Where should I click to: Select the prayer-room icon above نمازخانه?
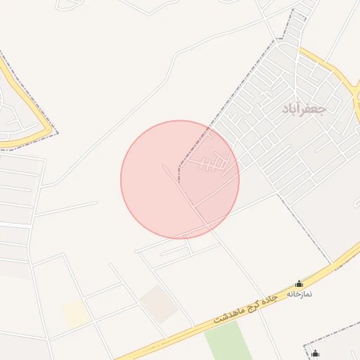pos(299,284)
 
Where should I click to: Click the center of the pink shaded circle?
pos(180,179)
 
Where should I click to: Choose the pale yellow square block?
pos(77,314)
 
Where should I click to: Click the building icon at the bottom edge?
pos(315,354)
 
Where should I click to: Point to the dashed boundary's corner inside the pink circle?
pos(179,169)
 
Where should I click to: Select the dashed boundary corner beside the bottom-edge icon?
pos(305,347)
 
